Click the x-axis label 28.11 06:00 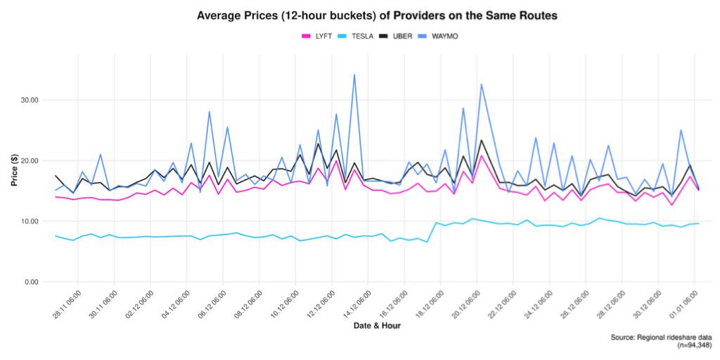tap(67, 304)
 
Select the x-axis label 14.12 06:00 tap(358, 304)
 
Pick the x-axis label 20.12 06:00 tap(467, 304)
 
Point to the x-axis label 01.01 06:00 tap(685, 304)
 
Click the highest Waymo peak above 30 tap(354, 75)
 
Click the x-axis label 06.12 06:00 tap(213, 304)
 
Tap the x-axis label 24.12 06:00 tap(539, 304)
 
